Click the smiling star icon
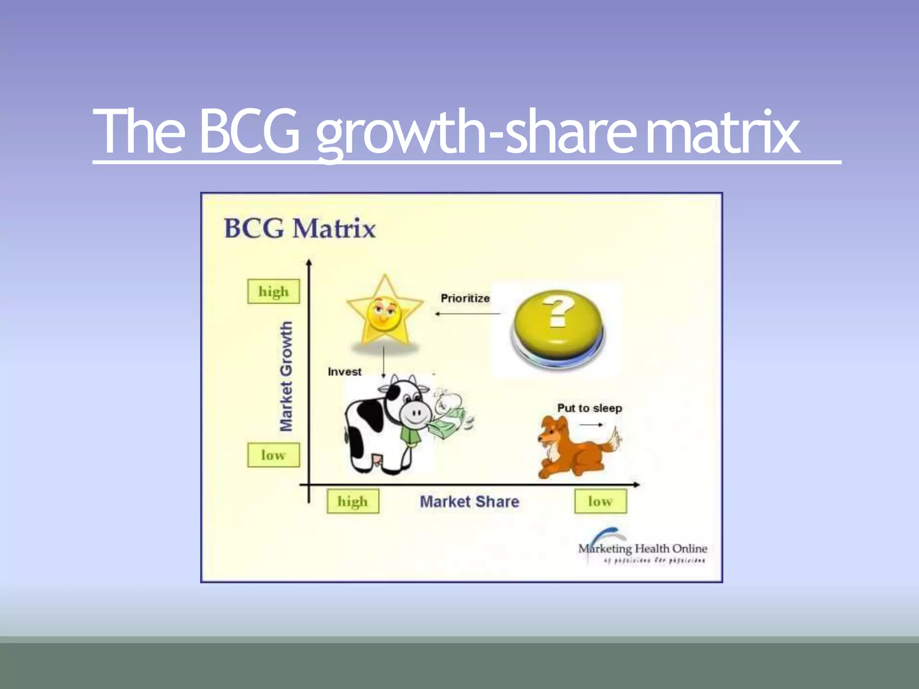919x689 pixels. (385, 312)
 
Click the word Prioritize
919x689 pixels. (465, 298)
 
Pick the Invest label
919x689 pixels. (344, 372)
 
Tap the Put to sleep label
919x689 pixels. (590, 408)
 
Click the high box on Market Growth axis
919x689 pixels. (273, 292)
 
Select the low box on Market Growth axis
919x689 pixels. (273, 455)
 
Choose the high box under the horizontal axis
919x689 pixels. (353, 501)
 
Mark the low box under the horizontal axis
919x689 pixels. (600, 501)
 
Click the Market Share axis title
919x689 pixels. (469, 501)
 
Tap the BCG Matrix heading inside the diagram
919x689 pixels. (300, 228)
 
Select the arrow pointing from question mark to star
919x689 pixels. (467, 314)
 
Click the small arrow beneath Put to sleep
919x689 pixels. (591, 424)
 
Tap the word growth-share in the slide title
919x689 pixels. (476, 133)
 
